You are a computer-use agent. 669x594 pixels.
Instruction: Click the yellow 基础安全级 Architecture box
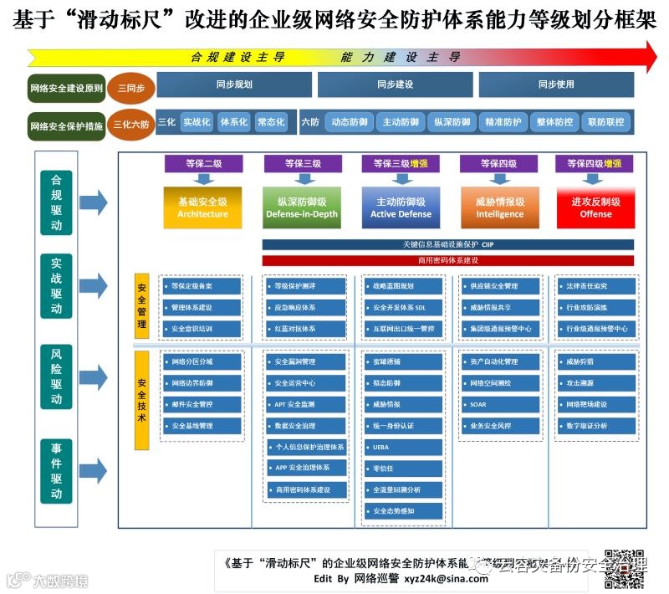202,207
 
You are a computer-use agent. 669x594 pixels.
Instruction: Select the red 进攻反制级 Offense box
595,207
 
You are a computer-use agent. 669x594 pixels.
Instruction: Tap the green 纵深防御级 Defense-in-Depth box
301,207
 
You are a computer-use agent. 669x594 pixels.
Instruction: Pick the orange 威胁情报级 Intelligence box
499,207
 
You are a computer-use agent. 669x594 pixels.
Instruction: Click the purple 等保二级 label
202,163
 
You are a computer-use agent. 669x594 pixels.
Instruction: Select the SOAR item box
500,404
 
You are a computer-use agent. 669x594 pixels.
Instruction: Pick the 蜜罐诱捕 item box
402,361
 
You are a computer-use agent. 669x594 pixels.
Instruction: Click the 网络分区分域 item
202,361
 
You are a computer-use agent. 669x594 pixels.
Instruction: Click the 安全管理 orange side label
142,305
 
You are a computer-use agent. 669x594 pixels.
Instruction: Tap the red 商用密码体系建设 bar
447,260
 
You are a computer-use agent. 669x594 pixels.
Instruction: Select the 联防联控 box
605,122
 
